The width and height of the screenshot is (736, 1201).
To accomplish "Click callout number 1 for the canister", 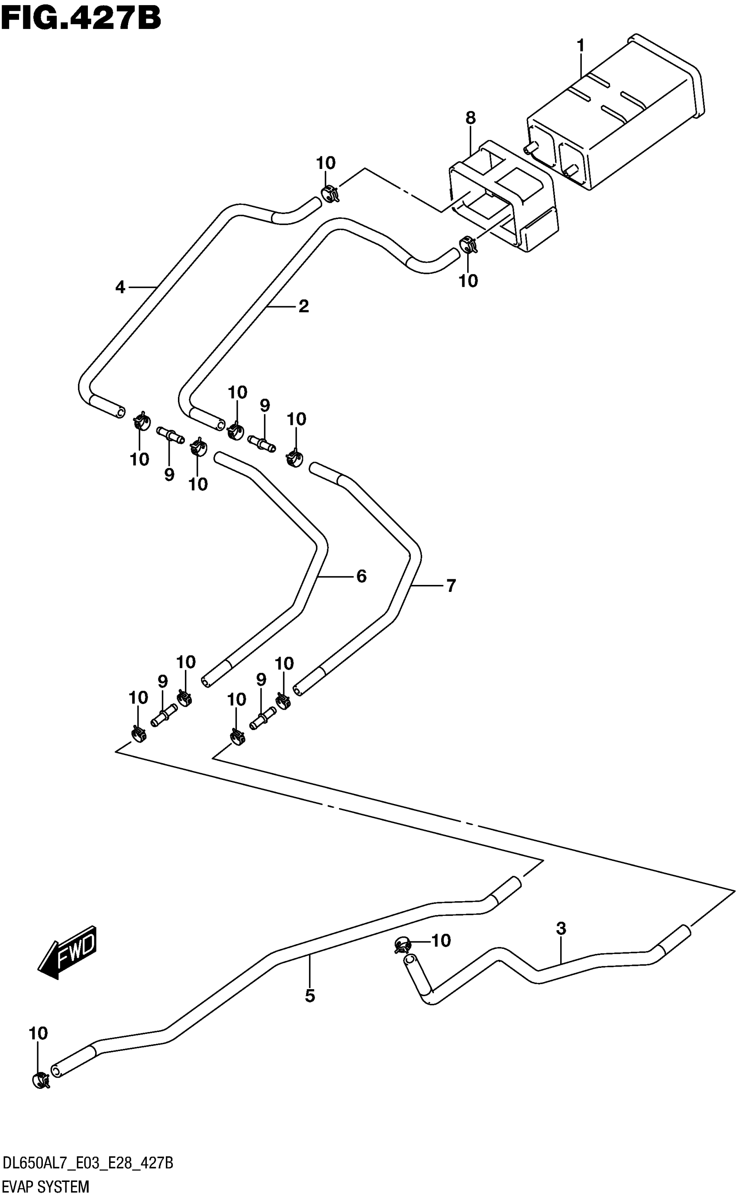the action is (x=580, y=46).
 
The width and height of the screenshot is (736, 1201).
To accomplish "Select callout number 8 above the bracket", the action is (x=470, y=117).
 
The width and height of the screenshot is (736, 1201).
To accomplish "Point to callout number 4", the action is (x=120, y=287).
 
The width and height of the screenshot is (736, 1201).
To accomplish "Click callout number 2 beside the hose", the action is (x=303, y=306).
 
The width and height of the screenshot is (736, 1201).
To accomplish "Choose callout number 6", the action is (x=361, y=576).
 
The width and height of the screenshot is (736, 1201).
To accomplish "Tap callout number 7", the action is (x=451, y=585).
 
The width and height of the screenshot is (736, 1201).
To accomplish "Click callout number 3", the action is (x=561, y=928).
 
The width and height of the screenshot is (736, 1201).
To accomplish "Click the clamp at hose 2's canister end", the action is (x=468, y=244).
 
